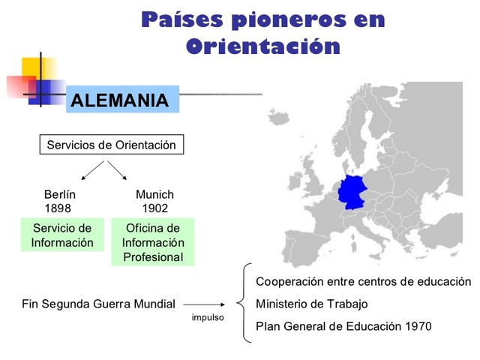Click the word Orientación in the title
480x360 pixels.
coord(262,46)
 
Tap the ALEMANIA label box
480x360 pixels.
coord(122,100)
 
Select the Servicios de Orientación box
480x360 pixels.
coord(111,145)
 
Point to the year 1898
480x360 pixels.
coord(58,208)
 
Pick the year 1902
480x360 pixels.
coord(154,208)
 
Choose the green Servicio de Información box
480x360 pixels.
coord(62,235)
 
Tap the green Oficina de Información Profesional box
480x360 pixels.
coord(153,242)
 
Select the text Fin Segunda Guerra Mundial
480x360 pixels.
coord(99,304)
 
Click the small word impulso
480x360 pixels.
coord(208,317)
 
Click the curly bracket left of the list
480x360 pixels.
coord(241,304)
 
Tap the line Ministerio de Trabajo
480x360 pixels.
coord(312,304)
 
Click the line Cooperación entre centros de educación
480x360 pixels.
coord(363,281)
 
